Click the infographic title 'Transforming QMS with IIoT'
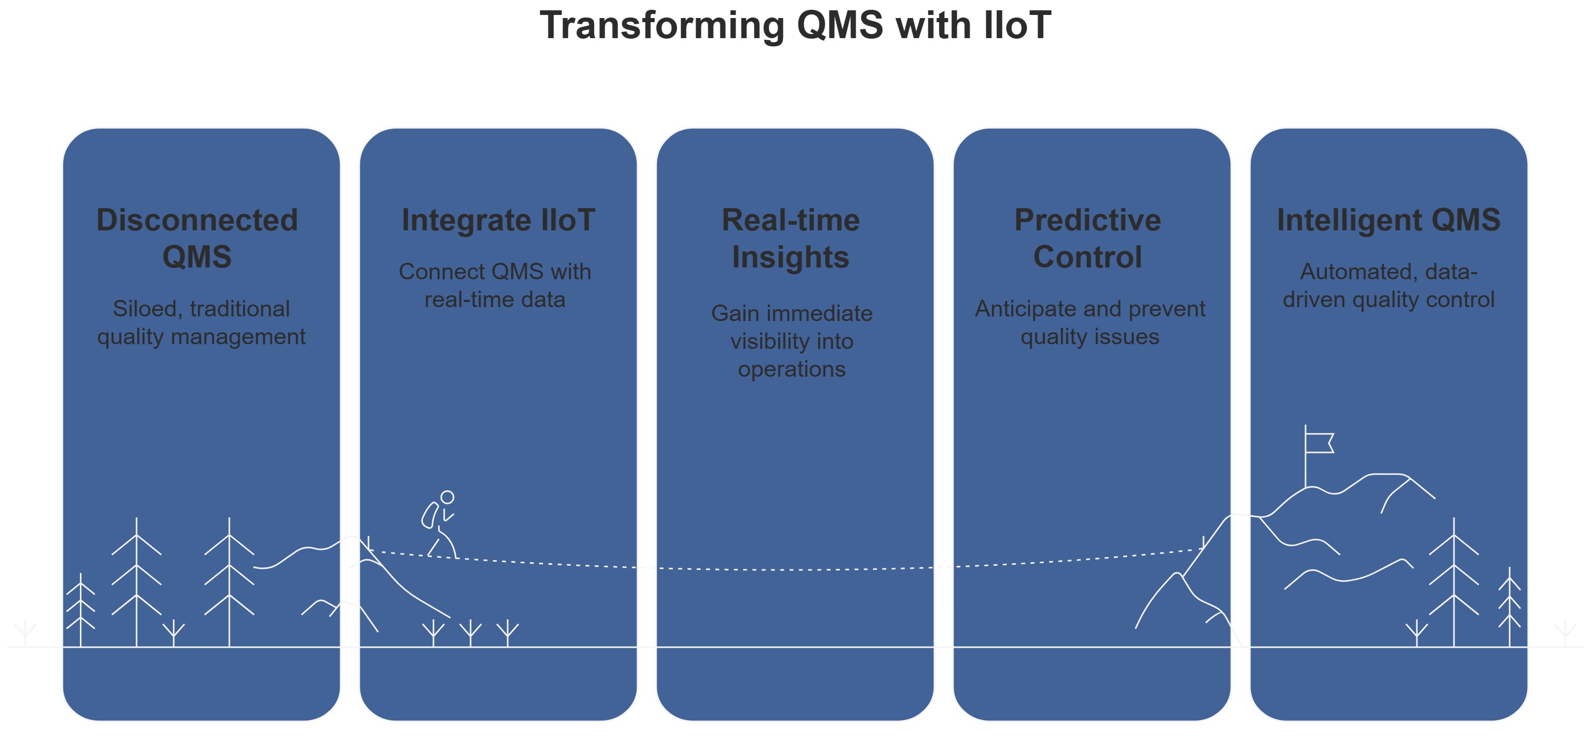[795, 26]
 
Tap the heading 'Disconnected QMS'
[197, 238]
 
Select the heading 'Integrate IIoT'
[498, 221]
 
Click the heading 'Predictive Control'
[1088, 239]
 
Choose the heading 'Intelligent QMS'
[1388, 221]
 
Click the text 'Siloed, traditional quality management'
[201, 323]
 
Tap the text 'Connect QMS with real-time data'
[495, 285]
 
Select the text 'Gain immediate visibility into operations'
[792, 341]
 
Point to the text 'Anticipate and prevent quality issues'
[1090, 323]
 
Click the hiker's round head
[447, 497]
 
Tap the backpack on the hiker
[430, 515]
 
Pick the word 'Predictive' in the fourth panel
[1088, 221]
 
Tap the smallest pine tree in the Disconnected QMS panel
[81, 610]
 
